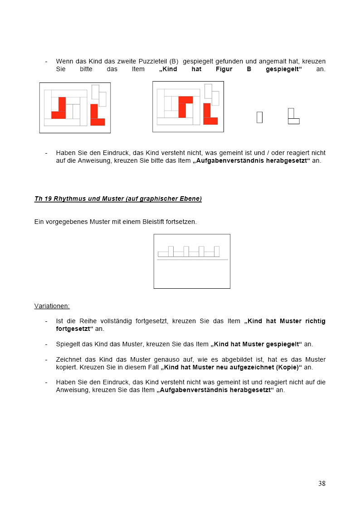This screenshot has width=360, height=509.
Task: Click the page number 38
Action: tap(321, 483)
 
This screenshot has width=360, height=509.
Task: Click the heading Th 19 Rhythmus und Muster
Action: tap(118, 199)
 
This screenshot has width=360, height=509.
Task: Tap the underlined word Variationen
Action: tap(52, 306)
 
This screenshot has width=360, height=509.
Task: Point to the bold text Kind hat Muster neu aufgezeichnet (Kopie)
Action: tap(231, 367)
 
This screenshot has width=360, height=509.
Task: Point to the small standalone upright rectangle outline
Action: tap(259, 117)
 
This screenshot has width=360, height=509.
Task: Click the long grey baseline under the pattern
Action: tap(192, 260)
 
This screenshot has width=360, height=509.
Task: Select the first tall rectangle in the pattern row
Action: tap(170, 251)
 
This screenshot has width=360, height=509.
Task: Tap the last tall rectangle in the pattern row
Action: tap(217, 251)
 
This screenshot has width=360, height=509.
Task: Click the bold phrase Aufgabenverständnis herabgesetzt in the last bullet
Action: tap(215, 390)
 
